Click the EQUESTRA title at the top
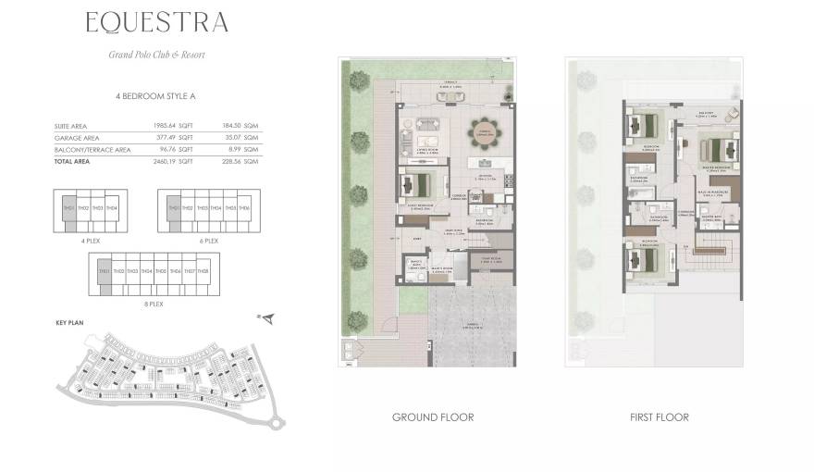coord(156,22)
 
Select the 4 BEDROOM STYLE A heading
coord(156,96)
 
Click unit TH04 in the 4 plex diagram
coord(112,208)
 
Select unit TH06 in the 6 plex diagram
coord(244,208)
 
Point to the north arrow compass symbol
coord(266,319)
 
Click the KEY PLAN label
coord(69,323)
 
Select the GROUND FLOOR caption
coord(433,417)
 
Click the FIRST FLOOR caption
coord(658,417)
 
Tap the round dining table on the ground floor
coord(482,136)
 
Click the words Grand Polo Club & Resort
coord(156,55)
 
